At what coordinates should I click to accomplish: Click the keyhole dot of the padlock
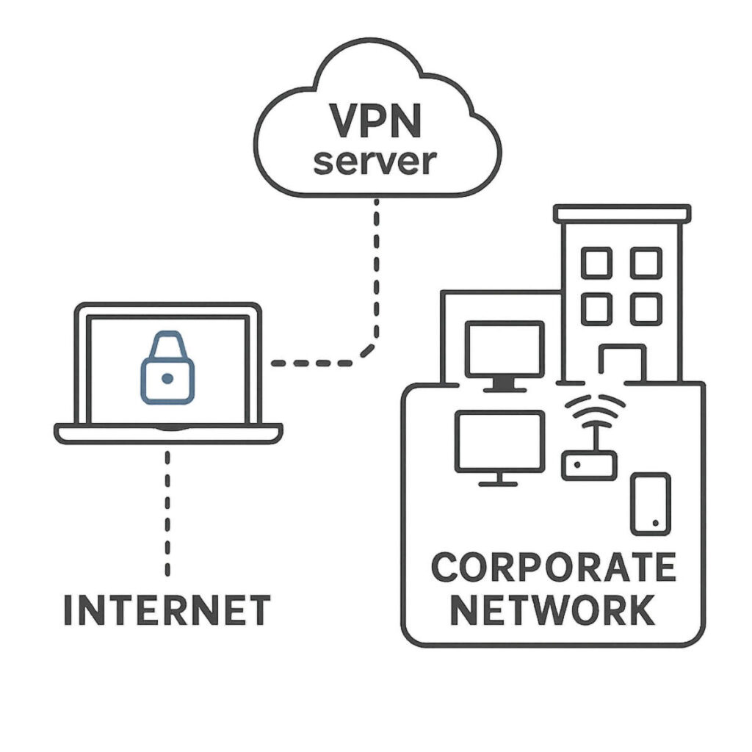167,378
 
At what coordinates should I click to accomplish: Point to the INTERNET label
167,610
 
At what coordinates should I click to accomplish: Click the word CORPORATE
553,568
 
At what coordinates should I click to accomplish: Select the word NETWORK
552,610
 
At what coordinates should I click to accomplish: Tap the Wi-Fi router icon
590,465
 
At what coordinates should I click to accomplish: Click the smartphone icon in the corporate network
651,503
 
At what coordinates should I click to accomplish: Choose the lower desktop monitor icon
499,442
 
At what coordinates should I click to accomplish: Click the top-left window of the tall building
596,263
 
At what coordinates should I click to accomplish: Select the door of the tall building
622,364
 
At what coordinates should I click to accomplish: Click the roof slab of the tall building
622,213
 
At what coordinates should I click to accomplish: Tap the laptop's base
168,433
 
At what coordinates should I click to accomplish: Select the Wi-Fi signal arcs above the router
595,408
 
